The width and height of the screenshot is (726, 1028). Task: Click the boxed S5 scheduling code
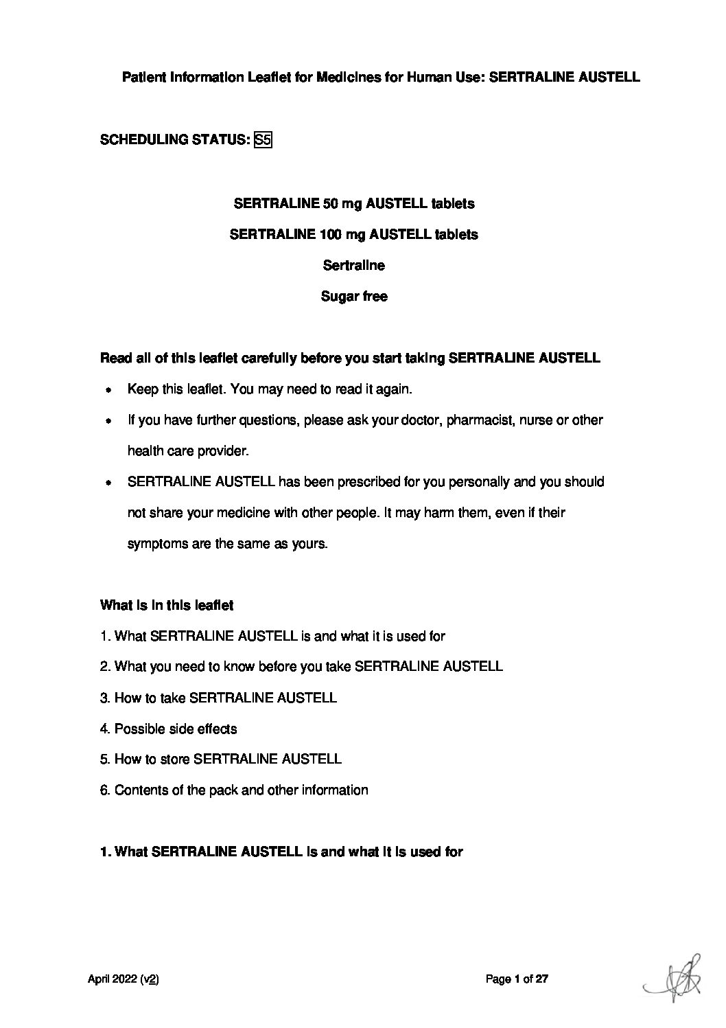pos(263,140)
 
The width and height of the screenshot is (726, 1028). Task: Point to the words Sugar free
pos(354,297)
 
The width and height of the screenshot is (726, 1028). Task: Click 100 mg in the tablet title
pos(342,234)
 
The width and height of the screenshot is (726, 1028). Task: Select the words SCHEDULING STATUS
pos(174,140)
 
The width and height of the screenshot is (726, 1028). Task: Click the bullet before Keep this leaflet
pos(108,390)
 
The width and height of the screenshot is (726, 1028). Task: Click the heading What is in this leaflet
pos(167,605)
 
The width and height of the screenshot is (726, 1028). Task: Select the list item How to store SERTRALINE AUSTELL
pos(220,759)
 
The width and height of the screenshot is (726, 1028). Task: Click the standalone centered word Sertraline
pos(354,265)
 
